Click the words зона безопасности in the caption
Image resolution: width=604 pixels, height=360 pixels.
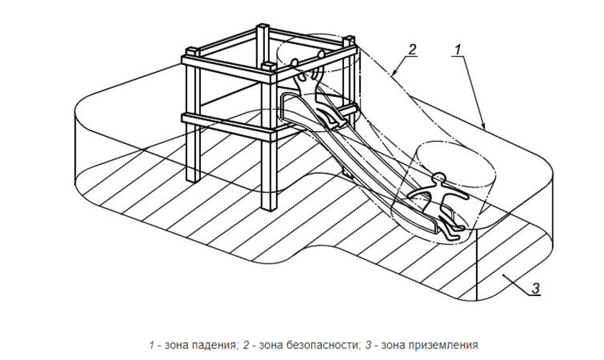[294, 344]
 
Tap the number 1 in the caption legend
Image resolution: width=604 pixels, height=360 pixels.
[152, 344]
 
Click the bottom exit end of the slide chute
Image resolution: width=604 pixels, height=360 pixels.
[432, 225]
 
